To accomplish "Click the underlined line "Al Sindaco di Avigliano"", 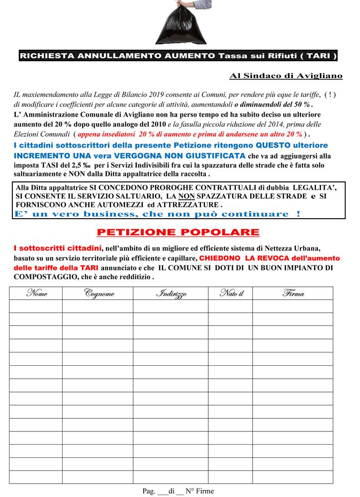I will [x=286, y=76].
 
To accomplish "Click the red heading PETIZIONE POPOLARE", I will [x=178, y=232].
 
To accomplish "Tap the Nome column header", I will [x=36, y=293].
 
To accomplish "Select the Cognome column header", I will [x=99, y=293].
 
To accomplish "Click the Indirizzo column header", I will [x=172, y=293].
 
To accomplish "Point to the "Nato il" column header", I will [x=231, y=293].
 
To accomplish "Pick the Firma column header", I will [x=293, y=293].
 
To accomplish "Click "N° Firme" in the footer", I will [x=199, y=491].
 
